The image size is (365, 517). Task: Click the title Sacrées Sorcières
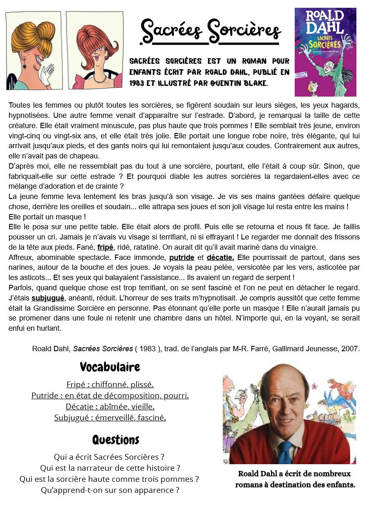pos(210,30)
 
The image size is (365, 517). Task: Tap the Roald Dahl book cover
pos(325,52)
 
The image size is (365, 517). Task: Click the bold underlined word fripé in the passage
pos(105,247)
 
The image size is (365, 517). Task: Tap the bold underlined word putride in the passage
pos(181,257)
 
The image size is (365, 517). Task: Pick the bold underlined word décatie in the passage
pos(220,257)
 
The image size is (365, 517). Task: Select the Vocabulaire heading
pos(110,366)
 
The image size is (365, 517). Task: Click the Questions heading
pos(116,440)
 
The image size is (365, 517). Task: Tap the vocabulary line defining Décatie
pos(110,406)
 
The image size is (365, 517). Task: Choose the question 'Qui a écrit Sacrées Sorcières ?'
pos(109,456)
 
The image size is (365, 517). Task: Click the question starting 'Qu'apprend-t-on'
pos(110,490)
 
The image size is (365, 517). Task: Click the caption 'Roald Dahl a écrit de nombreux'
pos(294,474)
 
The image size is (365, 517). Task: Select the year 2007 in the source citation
pos(352,349)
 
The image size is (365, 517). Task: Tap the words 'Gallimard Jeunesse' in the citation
pos(315,349)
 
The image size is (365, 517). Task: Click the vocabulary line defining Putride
pos(110,395)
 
